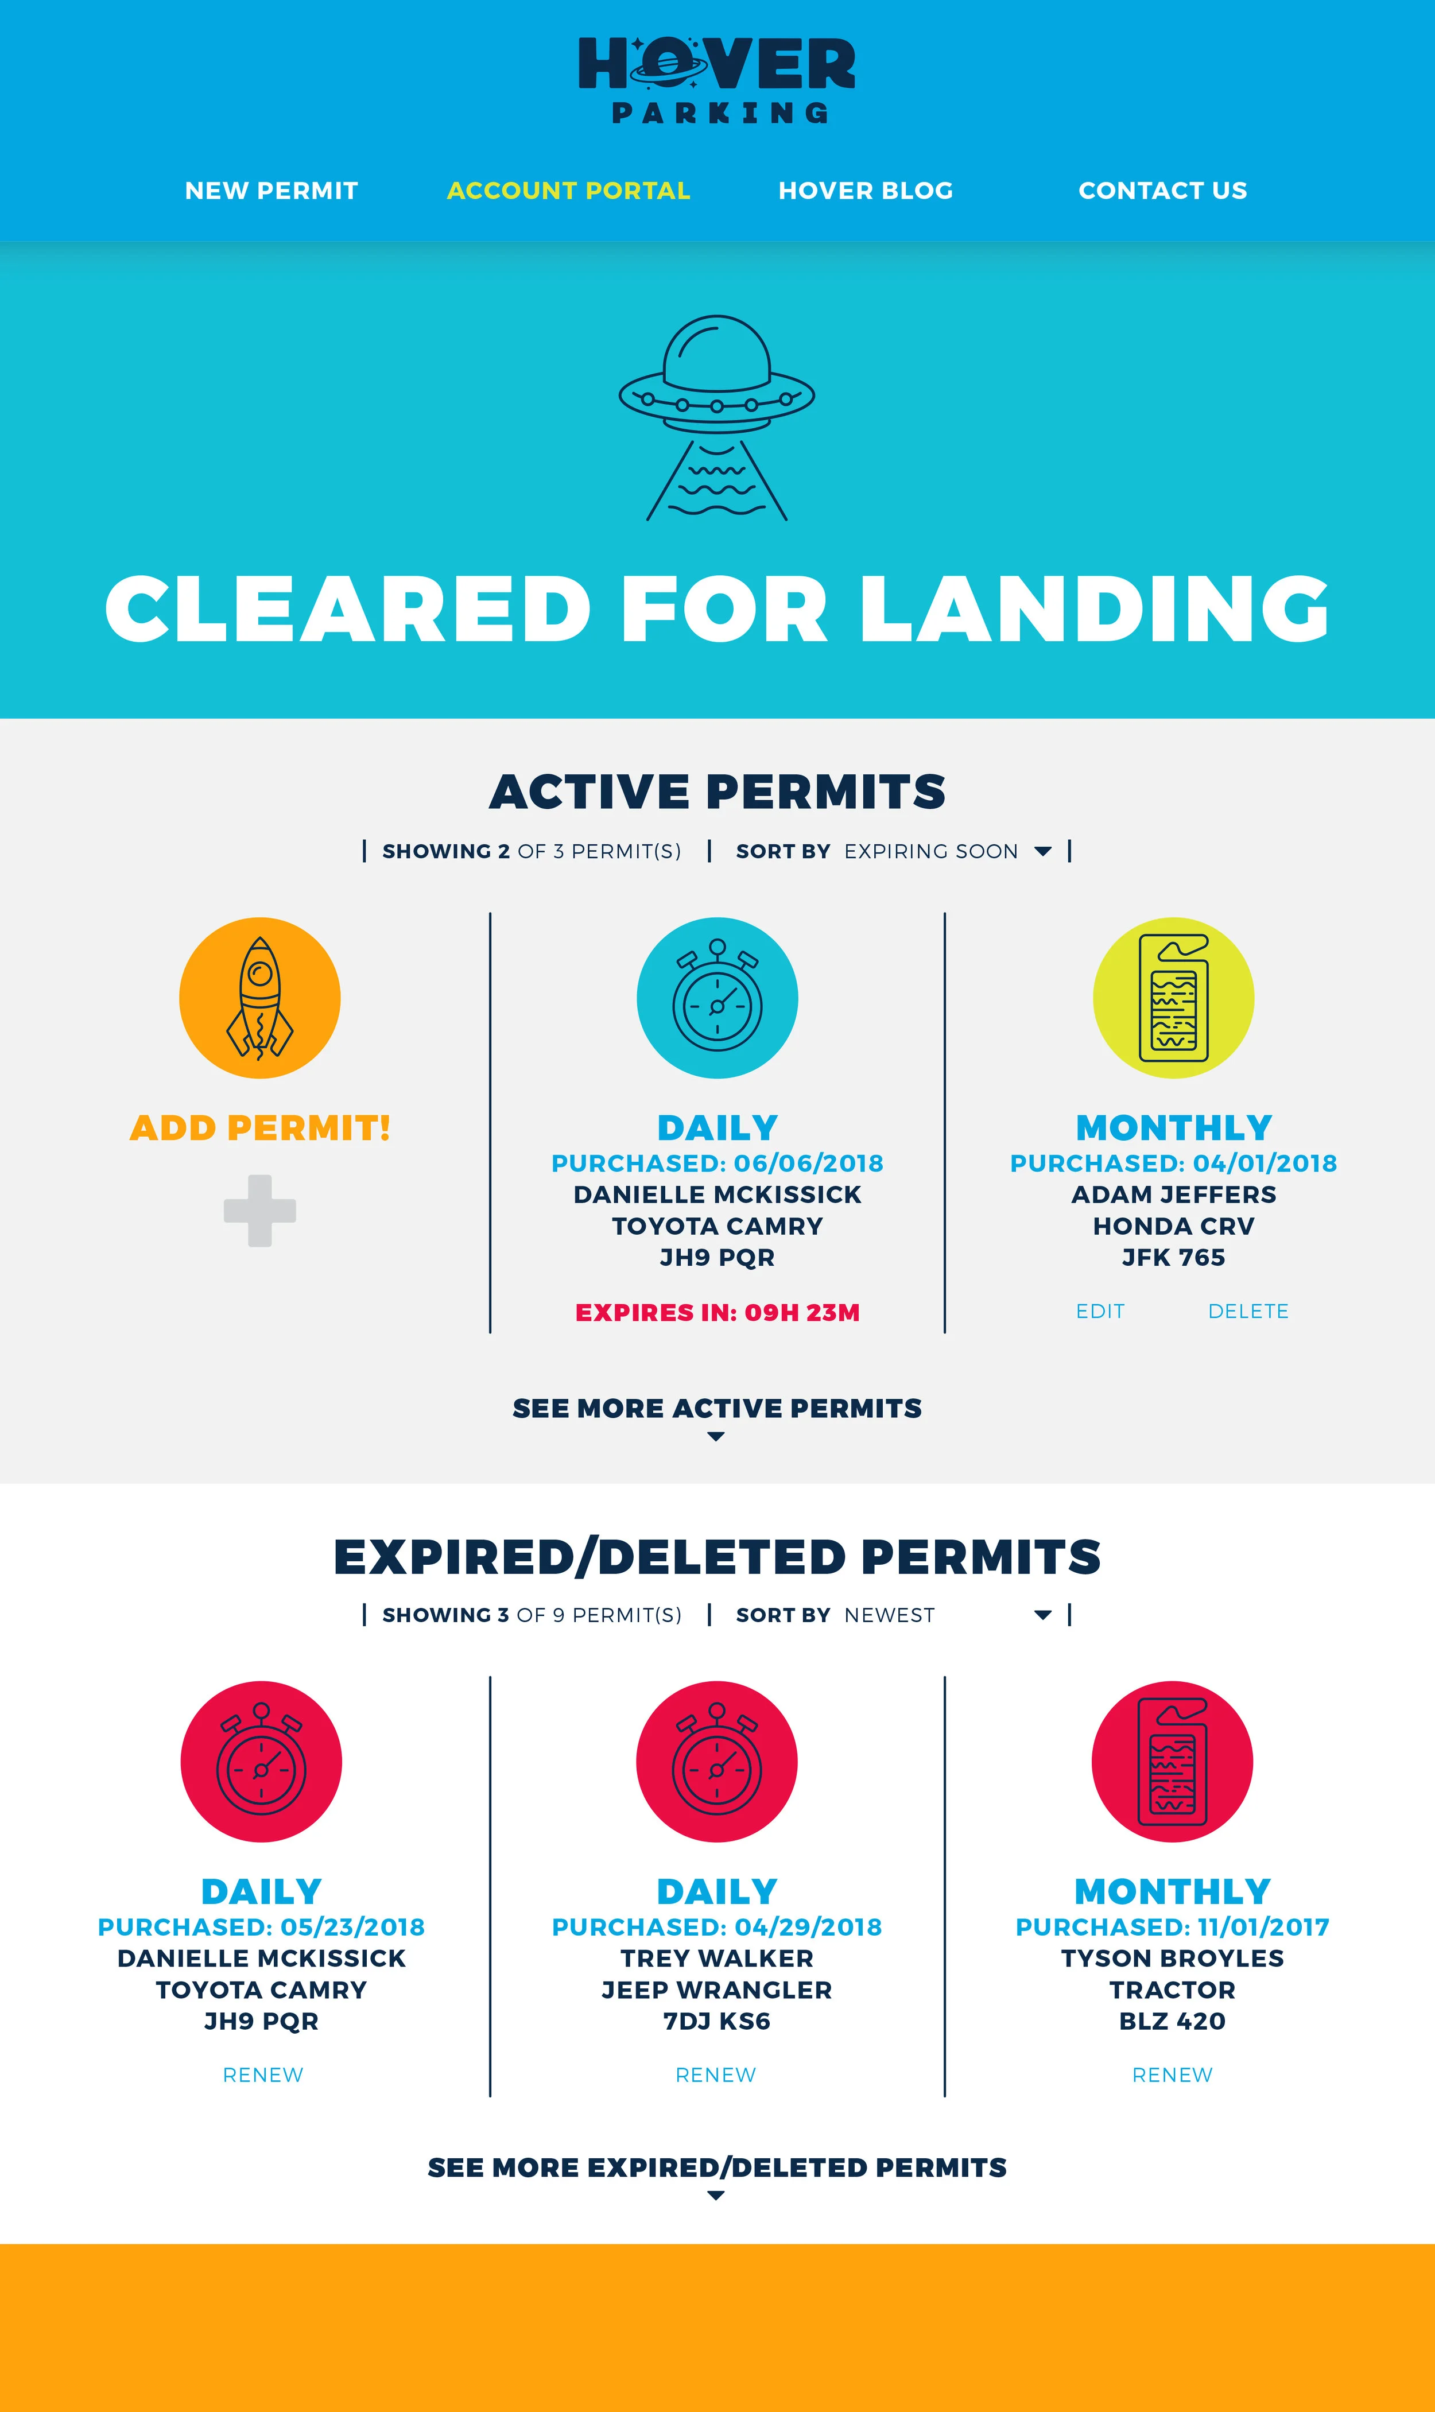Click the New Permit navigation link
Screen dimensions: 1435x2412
(271, 191)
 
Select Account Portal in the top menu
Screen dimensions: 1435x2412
(569, 191)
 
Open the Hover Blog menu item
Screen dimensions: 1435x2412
(866, 191)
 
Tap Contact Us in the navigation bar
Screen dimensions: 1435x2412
(1162, 191)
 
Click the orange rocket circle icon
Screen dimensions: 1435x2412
(260, 998)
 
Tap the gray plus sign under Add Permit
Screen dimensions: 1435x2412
(260, 1211)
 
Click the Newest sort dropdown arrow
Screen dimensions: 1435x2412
(1042, 1615)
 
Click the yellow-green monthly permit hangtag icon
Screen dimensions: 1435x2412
(1173, 998)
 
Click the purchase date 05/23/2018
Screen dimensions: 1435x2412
(352, 1928)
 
